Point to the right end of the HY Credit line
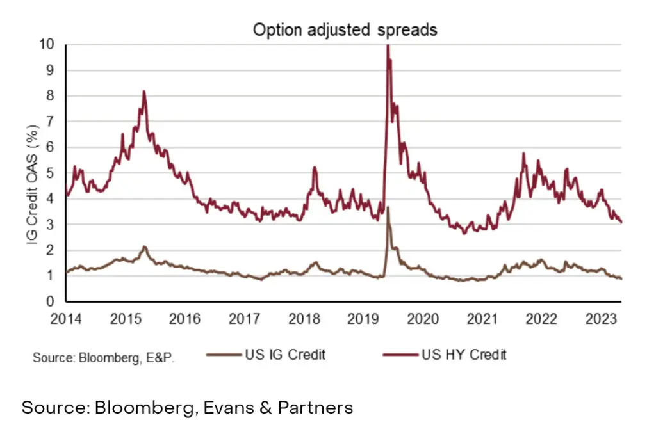(621, 222)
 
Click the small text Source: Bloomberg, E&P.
(104, 357)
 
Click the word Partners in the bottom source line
(315, 407)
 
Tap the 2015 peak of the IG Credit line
(145, 246)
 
